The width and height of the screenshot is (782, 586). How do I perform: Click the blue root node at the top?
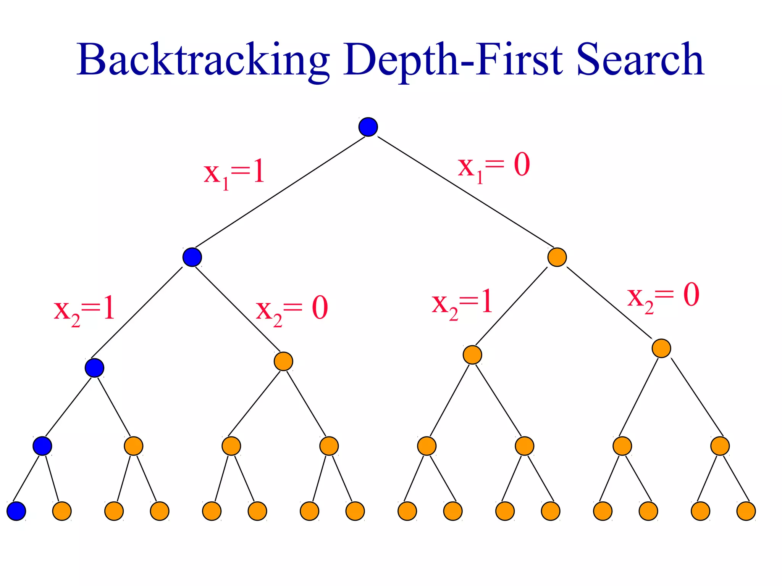pos(368,127)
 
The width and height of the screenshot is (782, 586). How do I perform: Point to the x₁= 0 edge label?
pos(494,166)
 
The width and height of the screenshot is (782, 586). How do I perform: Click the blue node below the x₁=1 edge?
pos(192,257)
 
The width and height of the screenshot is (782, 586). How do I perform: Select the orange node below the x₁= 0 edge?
pos(557,257)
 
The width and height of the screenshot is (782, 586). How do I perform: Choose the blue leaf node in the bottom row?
pos(16,511)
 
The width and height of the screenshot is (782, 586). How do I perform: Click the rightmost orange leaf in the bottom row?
pos(746,511)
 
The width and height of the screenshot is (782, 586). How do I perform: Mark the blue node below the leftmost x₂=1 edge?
pos(94,368)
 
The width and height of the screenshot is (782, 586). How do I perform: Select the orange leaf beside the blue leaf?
pos(62,511)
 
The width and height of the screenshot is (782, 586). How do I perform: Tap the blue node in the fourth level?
pos(42,446)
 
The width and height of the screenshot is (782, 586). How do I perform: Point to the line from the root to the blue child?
pos(280,192)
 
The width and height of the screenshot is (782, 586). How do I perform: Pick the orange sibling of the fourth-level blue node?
pos(134,446)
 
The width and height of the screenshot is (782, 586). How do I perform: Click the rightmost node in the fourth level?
pos(720,446)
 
